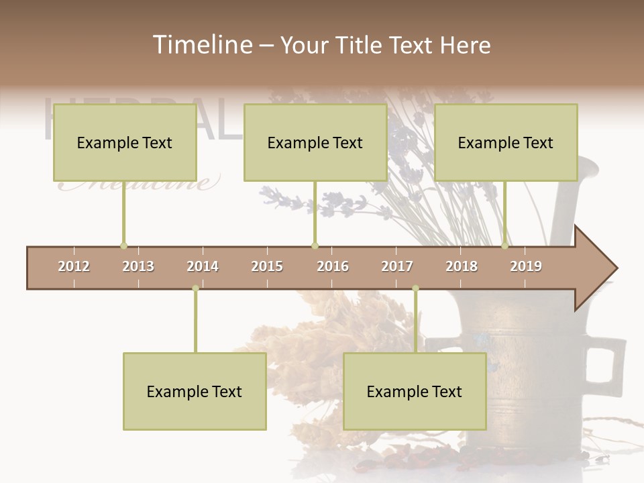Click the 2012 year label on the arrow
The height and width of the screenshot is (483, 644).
tap(74, 266)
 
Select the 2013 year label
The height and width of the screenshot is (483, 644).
tap(138, 266)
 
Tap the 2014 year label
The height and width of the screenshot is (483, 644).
tap(203, 266)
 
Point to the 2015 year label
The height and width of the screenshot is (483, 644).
tap(267, 266)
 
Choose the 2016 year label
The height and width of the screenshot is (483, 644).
tap(333, 266)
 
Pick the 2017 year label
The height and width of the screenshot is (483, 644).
tap(397, 266)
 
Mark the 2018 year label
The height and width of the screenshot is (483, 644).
tap(462, 266)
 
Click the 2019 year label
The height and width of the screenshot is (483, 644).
tap(526, 266)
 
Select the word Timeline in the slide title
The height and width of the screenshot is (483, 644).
tap(201, 45)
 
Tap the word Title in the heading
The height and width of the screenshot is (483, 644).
tap(360, 45)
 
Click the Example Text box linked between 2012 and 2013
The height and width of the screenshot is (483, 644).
tap(125, 142)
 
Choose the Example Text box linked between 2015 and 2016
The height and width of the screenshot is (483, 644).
tap(315, 142)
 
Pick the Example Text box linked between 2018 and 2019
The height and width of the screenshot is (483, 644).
tap(506, 142)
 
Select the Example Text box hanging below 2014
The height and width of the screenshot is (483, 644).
tap(195, 391)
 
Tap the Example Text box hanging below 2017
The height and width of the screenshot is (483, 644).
tap(415, 391)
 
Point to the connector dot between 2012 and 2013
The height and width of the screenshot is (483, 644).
tap(123, 246)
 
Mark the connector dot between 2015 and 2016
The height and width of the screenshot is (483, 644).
tap(315, 246)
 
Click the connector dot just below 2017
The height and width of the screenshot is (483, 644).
tap(415, 288)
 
